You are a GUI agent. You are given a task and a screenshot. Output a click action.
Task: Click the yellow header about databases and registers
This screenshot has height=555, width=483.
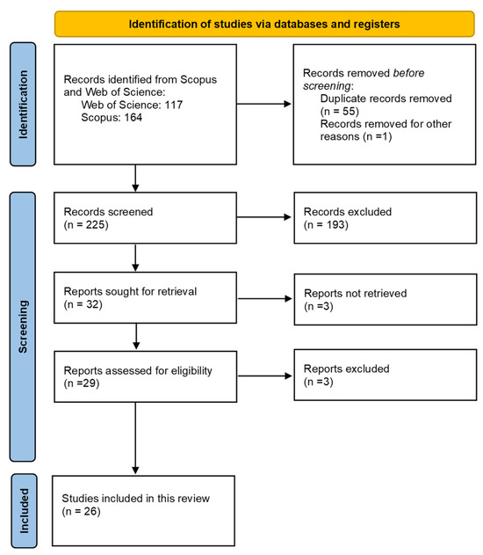(263, 24)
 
